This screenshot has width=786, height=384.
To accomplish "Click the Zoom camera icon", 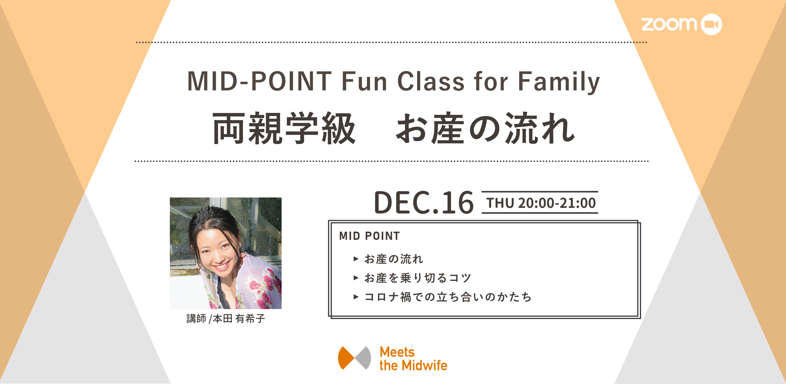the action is pyautogui.click(x=711, y=24).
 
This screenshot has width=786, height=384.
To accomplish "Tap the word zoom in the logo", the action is pyautogui.click(x=669, y=24).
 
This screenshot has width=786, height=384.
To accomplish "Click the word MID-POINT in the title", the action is pyautogui.click(x=259, y=81).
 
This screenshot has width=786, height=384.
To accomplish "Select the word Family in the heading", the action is pyautogui.click(x=559, y=82).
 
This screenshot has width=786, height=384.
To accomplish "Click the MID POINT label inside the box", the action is pyautogui.click(x=369, y=236).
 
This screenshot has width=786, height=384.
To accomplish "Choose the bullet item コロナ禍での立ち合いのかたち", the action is pyautogui.click(x=448, y=297).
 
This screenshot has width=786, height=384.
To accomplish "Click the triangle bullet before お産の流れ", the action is pyautogui.click(x=356, y=259).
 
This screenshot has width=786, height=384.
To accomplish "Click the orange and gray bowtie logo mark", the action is pyautogui.click(x=354, y=358).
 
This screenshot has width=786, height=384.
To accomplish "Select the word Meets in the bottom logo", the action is pyautogui.click(x=397, y=352).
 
